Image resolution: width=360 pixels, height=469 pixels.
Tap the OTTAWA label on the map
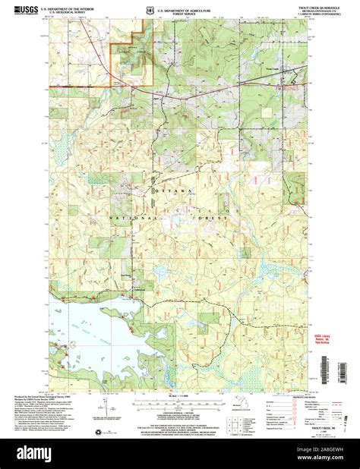pyautogui.click(x=175, y=188)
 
